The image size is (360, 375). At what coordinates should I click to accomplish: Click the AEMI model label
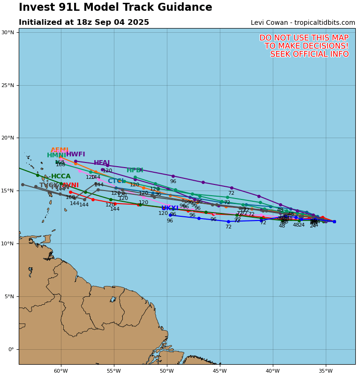[60, 150]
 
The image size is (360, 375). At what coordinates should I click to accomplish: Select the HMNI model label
[56, 155]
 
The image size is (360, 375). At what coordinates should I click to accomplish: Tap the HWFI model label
[75, 154]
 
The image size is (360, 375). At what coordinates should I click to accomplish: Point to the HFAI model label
[102, 163]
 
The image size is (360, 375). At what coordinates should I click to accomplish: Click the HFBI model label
[135, 170]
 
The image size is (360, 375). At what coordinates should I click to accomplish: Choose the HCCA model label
[61, 176]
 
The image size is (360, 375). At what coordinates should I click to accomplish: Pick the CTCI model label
[116, 181]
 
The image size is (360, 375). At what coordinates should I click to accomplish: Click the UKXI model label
[170, 208]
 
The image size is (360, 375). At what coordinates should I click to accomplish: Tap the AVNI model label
[71, 185]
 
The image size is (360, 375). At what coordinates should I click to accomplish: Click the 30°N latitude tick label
[7, 32]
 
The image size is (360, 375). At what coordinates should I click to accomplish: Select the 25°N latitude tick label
[7, 85]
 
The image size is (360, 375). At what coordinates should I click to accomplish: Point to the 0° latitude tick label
[11, 349]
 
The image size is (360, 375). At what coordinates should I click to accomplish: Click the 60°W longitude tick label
[60, 371]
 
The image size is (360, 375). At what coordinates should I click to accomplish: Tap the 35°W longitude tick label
[325, 371]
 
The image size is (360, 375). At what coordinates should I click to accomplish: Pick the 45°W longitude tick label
[219, 371]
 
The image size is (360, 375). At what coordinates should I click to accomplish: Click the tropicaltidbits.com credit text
[324, 23]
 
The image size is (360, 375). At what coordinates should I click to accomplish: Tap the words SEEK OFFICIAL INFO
[309, 54]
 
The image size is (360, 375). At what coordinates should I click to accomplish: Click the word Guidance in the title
[187, 7]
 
